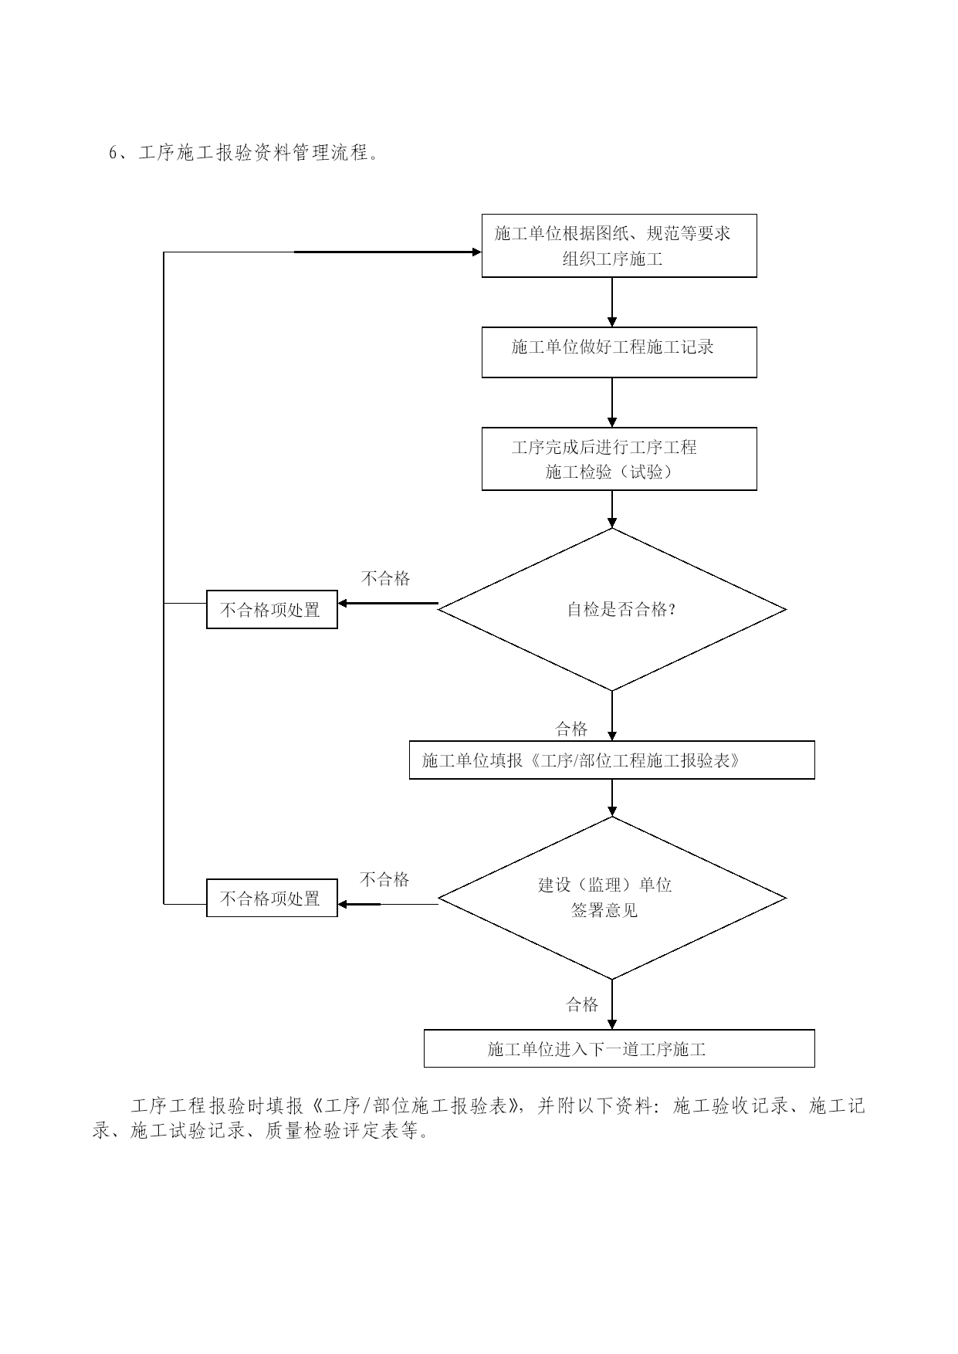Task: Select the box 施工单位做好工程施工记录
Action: tap(619, 352)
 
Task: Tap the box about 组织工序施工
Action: tap(619, 245)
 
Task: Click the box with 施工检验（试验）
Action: tap(619, 459)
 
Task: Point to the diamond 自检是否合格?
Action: tap(612, 609)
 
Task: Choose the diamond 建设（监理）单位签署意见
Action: tap(612, 898)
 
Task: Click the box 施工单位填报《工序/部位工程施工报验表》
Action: tap(611, 760)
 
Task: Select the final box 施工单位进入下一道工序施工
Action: tap(619, 1048)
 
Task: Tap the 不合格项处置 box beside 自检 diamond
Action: tap(272, 610)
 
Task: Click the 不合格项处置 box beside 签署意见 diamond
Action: tap(272, 898)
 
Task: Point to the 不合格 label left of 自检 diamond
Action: tap(385, 578)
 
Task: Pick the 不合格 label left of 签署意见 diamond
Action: tap(384, 879)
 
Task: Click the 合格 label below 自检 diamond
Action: tap(571, 729)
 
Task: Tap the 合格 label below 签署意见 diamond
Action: tap(582, 1004)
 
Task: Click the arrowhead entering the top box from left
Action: tap(476, 252)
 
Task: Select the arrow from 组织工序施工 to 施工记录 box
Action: tap(612, 302)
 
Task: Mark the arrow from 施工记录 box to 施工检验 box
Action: tap(612, 402)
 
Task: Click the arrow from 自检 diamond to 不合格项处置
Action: tap(388, 603)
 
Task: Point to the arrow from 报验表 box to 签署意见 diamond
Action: tap(612, 797)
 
